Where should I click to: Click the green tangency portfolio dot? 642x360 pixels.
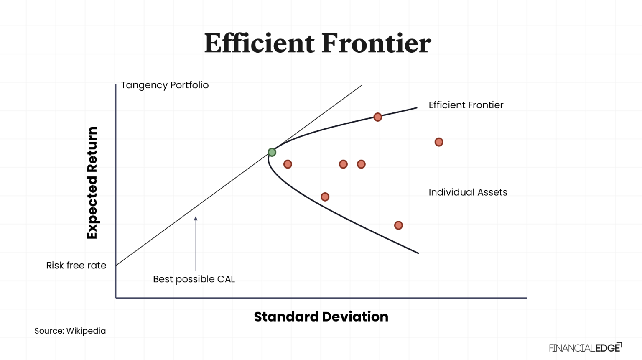pos(272,152)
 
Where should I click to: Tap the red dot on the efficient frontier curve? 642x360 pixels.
pos(377,117)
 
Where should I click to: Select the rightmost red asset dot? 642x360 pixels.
pos(438,142)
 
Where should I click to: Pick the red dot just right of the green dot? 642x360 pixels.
pos(288,164)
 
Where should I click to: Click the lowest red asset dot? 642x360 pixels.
pos(398,225)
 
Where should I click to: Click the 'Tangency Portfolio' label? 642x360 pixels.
pos(165,85)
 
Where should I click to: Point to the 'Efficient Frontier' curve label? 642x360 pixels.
pos(466,105)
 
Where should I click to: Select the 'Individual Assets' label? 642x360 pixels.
pos(468,192)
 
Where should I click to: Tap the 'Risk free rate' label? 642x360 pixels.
pos(76,266)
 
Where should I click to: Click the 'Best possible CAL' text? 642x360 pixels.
pos(194,279)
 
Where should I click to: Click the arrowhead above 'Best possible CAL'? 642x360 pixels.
pos(196,218)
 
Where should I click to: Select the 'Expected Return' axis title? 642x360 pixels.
pos(92,183)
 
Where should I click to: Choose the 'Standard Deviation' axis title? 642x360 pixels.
pos(321,317)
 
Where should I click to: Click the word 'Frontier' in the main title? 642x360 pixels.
pos(376,43)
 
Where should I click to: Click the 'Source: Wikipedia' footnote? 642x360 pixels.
pos(70,331)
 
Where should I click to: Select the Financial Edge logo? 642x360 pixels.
pos(585,347)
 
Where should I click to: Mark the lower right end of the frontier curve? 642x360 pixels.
pos(418,253)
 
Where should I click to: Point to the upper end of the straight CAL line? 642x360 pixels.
pos(362,86)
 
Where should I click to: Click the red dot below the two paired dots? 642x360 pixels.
pos(325,197)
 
